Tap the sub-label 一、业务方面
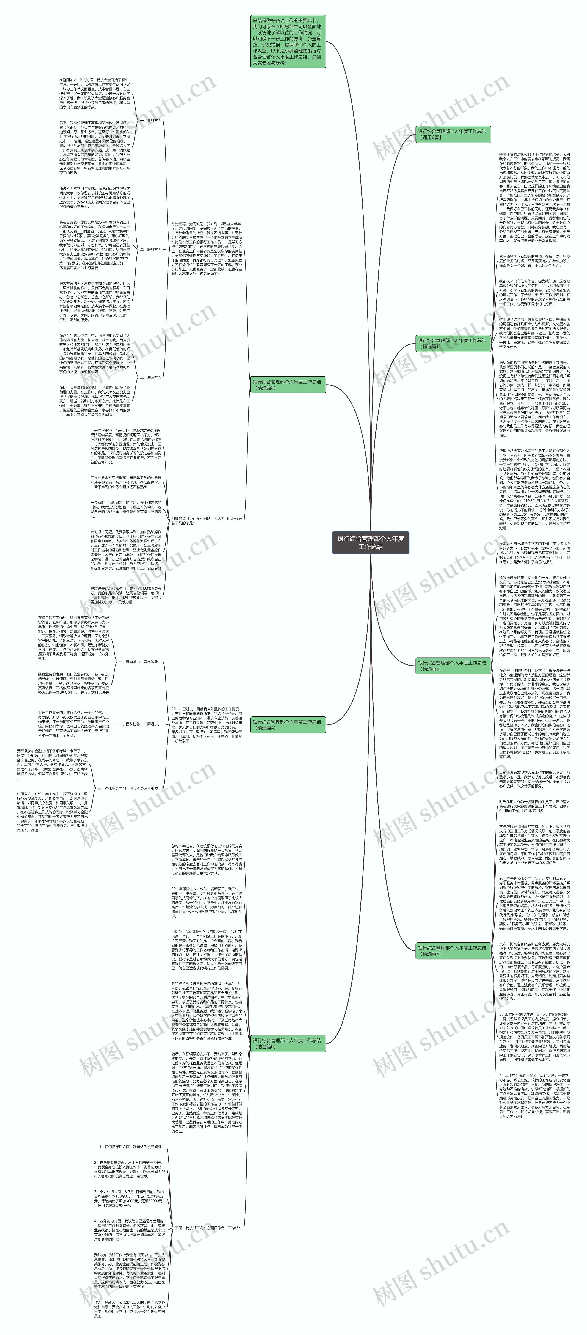coord(150,121)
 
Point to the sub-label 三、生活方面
coord(150,377)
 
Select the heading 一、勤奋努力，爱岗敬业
coord(138,662)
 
